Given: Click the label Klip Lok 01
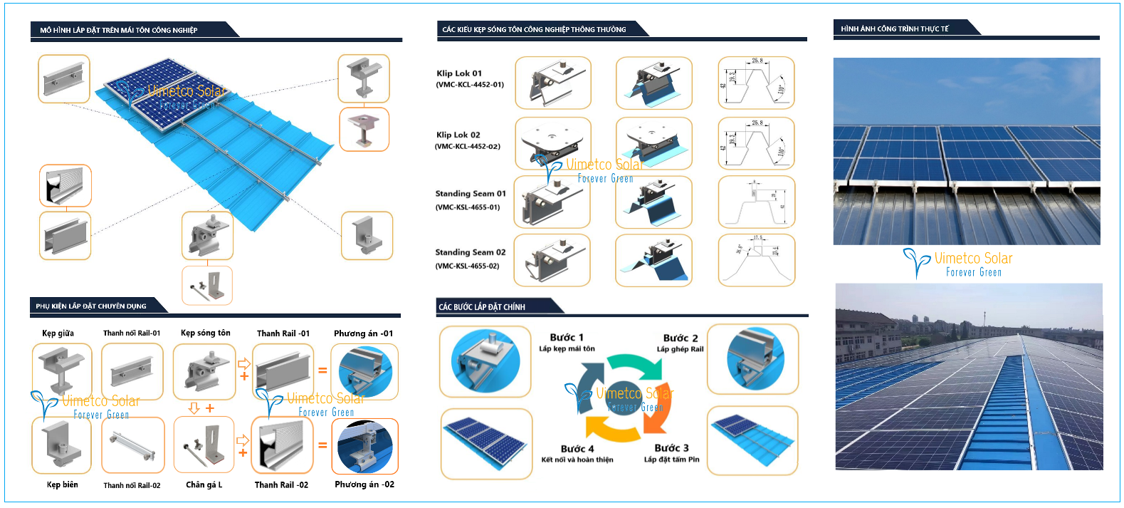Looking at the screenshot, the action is pyautogui.click(x=459, y=73).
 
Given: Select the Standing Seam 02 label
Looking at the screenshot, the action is pyautogui.click(x=471, y=252).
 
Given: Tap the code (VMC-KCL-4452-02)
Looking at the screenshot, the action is pyautogui.click(x=468, y=147).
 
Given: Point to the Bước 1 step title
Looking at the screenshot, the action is pyautogui.click(x=567, y=338).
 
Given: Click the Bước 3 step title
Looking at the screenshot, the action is pyautogui.click(x=671, y=448).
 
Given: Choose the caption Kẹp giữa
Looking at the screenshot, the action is pyautogui.click(x=58, y=333).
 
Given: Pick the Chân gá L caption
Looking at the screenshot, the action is pyautogui.click(x=204, y=485).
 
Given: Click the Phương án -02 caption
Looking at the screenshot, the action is pyautogui.click(x=364, y=484).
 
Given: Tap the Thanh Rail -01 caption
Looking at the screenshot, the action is pyautogui.click(x=283, y=333).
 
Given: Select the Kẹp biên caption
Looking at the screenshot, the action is pyautogui.click(x=63, y=485).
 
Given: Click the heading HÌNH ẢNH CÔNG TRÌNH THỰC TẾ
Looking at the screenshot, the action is pyautogui.click(x=895, y=29).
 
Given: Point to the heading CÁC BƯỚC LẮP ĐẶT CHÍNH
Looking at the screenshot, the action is pyautogui.click(x=482, y=307).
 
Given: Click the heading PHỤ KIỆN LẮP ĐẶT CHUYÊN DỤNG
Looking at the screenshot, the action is pyautogui.click(x=91, y=306).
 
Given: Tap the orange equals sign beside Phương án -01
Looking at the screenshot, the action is pyautogui.click(x=322, y=370).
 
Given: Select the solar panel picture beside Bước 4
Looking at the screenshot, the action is pyautogui.click(x=486, y=442).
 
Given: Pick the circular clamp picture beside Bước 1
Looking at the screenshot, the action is pyautogui.click(x=485, y=361).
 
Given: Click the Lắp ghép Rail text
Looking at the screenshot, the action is pyautogui.click(x=680, y=349).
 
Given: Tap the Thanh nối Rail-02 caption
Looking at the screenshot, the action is pyautogui.click(x=132, y=486).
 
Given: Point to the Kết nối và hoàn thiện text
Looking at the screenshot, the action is pyautogui.click(x=577, y=460).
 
